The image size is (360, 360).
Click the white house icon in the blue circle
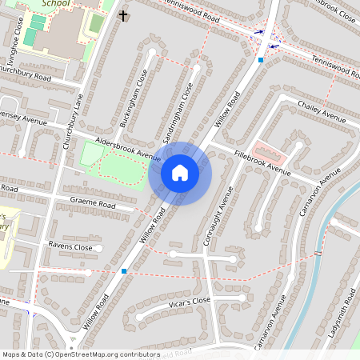pyautogui.click(x=180, y=172)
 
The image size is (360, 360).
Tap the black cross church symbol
pyautogui.click(x=123, y=15)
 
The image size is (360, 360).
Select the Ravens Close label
pyautogui.click(x=70, y=247)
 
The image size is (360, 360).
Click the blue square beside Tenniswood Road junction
pyautogui.click(x=261, y=59)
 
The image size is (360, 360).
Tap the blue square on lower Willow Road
pyautogui.click(x=124, y=271)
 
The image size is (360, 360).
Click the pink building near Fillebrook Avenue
pyautogui.click(x=266, y=150)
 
